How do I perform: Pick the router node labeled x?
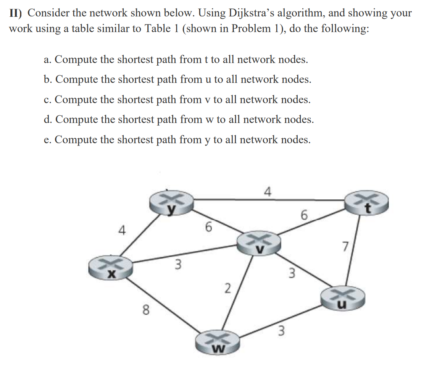pyautogui.click(x=111, y=267)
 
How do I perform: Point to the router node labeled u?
pyautogui.click(x=343, y=298)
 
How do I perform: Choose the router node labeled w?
pyautogui.click(x=218, y=341)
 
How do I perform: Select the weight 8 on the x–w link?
pyautogui.click(x=145, y=310)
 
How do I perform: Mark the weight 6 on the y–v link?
pyautogui.click(x=208, y=227)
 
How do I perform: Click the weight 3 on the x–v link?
pyautogui.click(x=177, y=264)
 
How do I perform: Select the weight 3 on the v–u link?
pyautogui.click(x=292, y=273)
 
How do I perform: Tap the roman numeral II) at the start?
pyautogui.click(x=17, y=13)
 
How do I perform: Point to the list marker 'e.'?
pyautogui.click(x=48, y=140)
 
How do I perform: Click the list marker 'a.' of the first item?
pyautogui.click(x=48, y=60)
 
